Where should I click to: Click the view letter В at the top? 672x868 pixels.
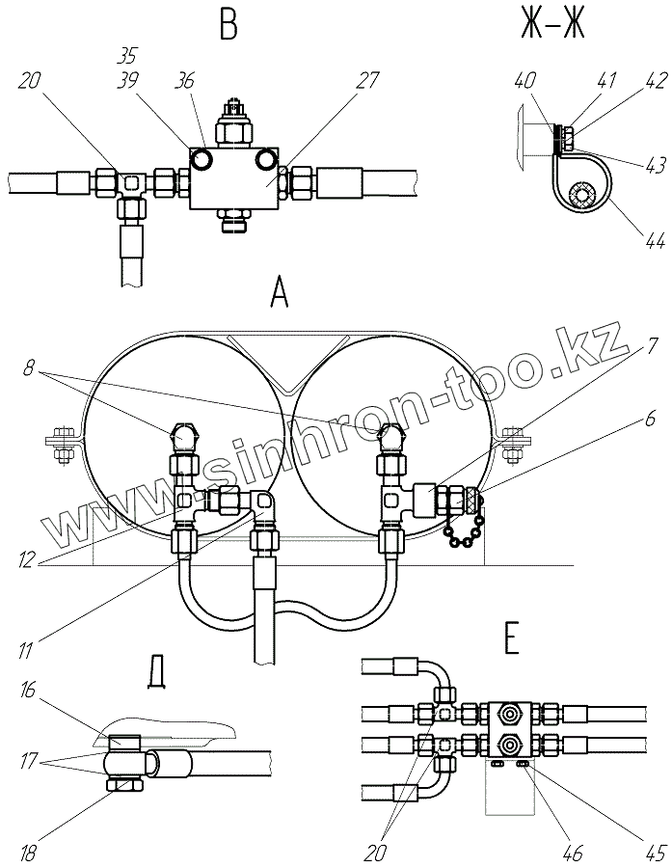point(228,24)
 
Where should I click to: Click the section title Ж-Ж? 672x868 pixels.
point(552,24)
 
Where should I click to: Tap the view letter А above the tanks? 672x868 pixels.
point(280,291)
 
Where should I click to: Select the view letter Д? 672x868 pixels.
point(154,671)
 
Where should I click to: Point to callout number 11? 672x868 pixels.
point(28,640)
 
